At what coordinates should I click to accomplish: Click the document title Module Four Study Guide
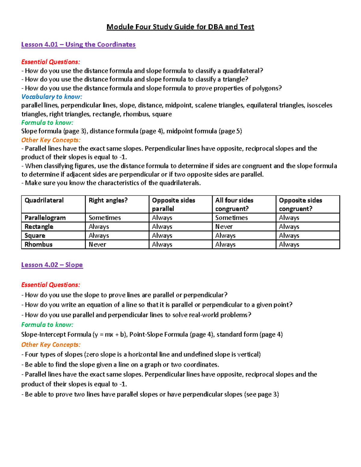click(180, 27)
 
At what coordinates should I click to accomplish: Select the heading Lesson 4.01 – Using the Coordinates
click(78, 45)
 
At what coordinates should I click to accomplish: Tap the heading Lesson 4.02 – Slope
click(52, 265)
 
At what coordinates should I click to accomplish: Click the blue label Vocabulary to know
click(51, 97)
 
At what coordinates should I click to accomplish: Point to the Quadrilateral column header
click(44, 201)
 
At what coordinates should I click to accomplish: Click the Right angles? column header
click(108, 201)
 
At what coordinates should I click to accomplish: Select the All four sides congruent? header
click(234, 204)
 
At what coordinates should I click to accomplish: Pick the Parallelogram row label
click(45, 218)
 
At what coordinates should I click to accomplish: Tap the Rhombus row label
click(39, 244)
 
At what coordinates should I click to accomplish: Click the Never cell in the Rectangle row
click(224, 227)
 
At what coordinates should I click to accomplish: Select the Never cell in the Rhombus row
click(97, 244)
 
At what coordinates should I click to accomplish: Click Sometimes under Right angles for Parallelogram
click(105, 218)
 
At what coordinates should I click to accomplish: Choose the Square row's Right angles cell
click(99, 236)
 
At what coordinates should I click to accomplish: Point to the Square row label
click(35, 236)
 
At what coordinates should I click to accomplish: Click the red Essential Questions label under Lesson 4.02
click(51, 285)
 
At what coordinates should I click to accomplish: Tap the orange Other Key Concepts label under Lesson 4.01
click(51, 140)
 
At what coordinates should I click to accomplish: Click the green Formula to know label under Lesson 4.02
click(47, 325)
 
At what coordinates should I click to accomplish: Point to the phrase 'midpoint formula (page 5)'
click(204, 131)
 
